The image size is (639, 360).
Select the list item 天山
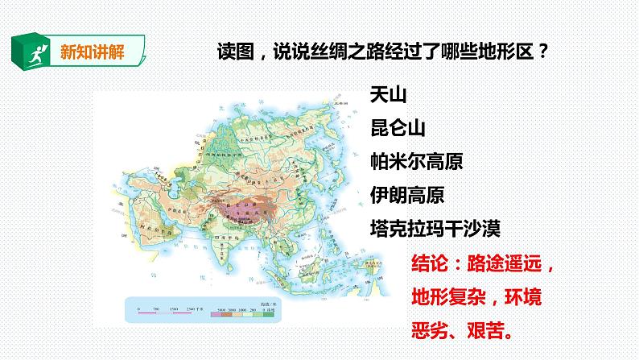tap(388, 94)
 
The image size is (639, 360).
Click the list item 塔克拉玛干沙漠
tap(435, 228)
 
